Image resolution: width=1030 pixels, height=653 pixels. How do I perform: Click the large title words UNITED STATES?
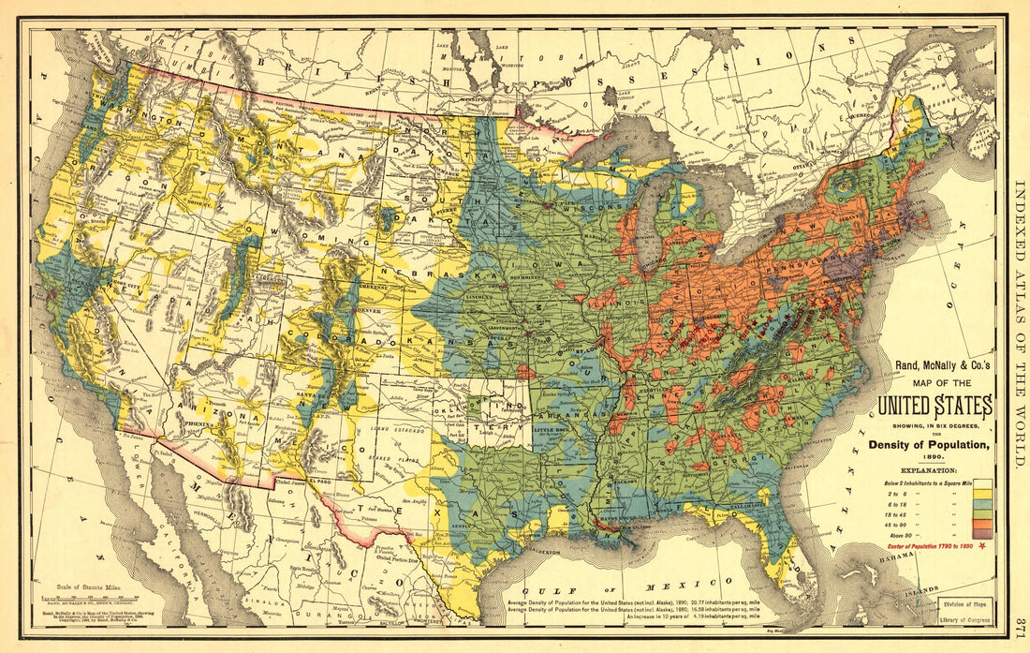[x=934, y=408]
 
